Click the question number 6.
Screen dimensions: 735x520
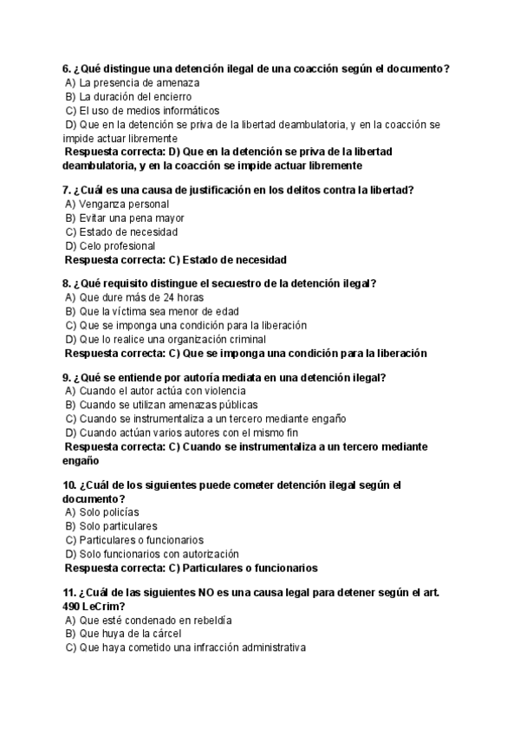66,69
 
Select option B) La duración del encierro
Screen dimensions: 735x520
128,97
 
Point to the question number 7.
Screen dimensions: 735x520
66,190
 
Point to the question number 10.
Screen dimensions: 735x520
69,485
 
